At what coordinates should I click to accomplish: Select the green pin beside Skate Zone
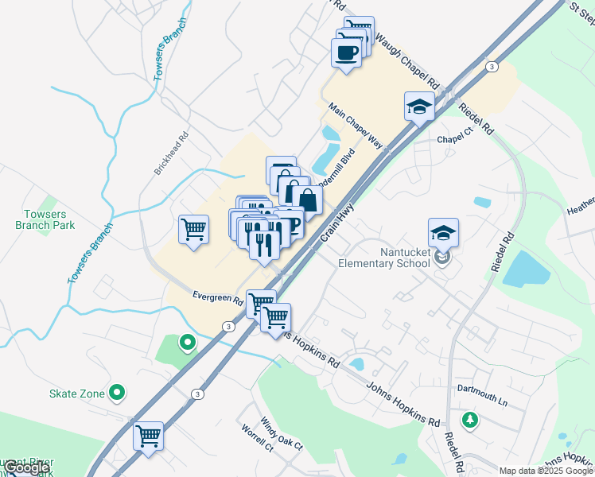point(117,391)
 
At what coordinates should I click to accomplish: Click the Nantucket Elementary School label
point(384,258)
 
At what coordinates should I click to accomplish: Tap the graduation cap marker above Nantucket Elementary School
point(443,232)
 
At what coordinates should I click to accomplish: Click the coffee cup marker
point(347,53)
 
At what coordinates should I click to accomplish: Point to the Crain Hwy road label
point(336,223)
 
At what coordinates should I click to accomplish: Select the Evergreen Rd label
point(217,297)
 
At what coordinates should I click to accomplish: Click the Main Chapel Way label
point(356,127)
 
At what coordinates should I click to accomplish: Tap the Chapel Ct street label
point(456,139)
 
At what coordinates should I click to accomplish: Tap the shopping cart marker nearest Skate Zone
point(148,436)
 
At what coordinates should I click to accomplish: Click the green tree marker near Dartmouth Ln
point(470,418)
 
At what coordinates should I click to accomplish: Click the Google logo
point(26,467)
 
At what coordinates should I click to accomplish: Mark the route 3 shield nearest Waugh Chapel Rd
point(492,67)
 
